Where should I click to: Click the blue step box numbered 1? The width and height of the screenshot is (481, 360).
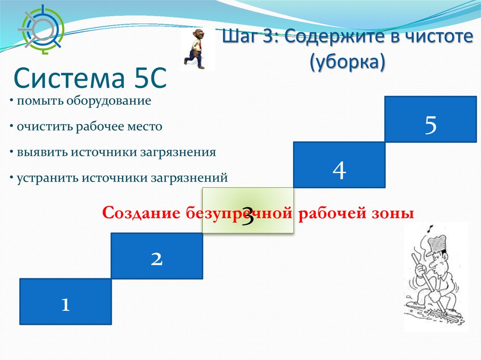(66, 301)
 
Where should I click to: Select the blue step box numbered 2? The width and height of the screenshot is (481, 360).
(157, 256)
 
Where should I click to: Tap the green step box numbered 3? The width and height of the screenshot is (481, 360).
(248, 210)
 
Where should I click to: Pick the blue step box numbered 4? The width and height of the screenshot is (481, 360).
(339, 165)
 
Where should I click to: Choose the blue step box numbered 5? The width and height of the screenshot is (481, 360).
(431, 119)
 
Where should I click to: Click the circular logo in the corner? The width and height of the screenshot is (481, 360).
(41, 30)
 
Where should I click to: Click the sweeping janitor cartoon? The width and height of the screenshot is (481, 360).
(435, 276)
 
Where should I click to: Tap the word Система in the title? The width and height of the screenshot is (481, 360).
(69, 78)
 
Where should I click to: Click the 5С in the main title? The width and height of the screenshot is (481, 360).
(149, 78)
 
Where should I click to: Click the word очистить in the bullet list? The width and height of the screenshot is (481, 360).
(45, 127)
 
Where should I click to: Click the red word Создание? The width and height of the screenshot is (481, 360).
(141, 213)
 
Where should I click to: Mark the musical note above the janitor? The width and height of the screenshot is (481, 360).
(431, 229)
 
